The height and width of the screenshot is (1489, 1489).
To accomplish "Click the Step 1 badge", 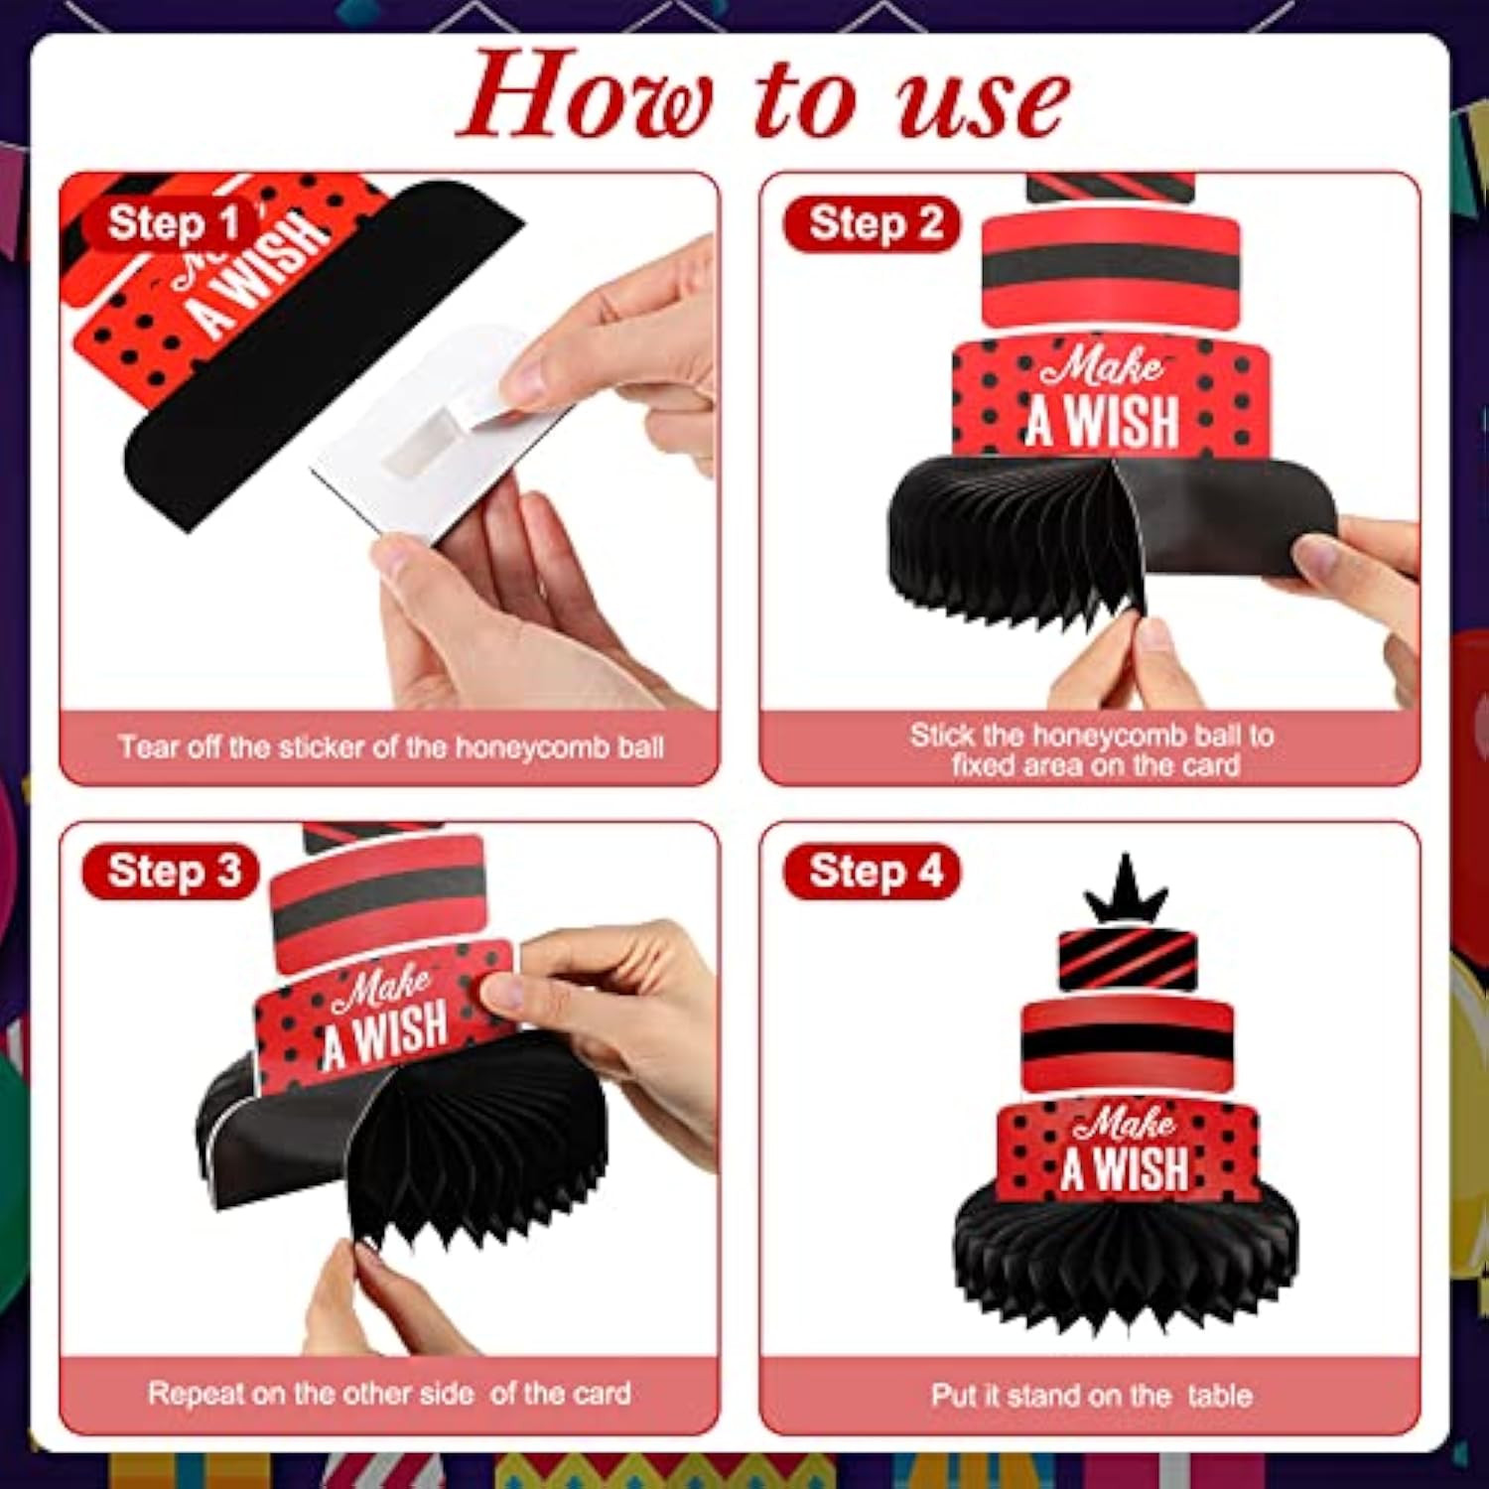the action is coord(171,224).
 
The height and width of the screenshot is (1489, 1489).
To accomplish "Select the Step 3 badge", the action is coord(171,873).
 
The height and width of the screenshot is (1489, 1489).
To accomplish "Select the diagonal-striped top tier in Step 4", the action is coord(1127,960).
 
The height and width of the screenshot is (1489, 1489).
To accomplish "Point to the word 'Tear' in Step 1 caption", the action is coord(149,746).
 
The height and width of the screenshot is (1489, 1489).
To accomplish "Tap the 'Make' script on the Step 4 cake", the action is coord(1124,1123).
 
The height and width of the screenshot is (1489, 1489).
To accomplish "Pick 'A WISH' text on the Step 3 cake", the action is coord(385,1035).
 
